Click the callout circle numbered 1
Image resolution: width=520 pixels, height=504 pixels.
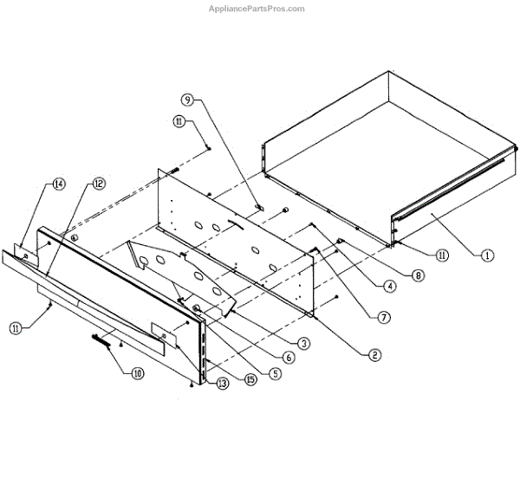(488, 255)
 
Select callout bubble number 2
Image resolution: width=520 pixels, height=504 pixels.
(374, 353)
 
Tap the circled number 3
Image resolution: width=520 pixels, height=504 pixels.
(303, 343)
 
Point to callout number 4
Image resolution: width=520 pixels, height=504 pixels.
(391, 286)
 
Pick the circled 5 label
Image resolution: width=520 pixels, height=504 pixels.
(275, 374)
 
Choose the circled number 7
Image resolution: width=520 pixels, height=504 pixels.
(384, 316)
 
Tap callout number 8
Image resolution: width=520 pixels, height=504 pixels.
(419, 275)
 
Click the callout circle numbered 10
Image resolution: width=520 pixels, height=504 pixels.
(137, 374)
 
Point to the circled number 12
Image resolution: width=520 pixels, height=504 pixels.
(98, 184)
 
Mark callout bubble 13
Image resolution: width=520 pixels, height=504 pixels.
(223, 384)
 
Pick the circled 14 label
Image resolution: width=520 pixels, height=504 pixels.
(59, 184)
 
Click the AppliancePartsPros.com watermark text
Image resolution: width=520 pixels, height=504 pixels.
(257, 9)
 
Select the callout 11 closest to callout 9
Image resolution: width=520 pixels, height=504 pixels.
(179, 122)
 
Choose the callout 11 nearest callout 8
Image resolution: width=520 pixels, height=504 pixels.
(442, 255)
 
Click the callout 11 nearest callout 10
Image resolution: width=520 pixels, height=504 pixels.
(16, 326)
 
